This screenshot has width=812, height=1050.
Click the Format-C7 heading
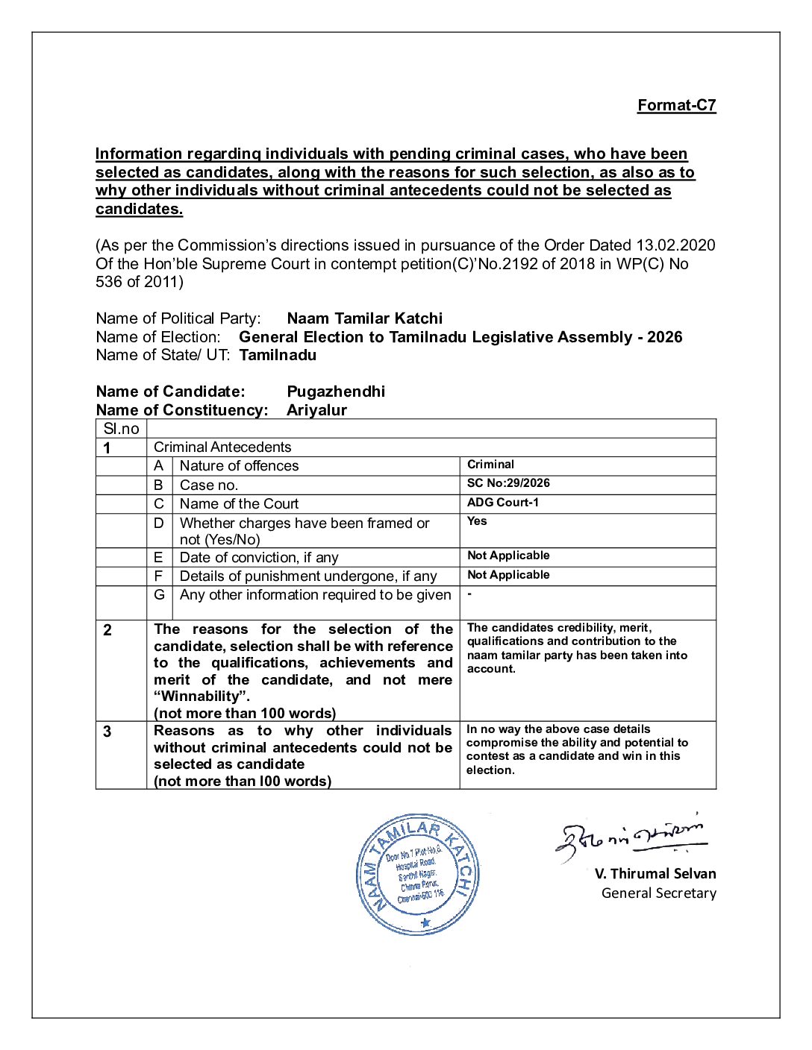coord(676,105)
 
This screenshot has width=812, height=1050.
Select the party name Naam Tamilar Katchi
coord(364,318)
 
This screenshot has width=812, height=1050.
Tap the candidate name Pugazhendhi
coord(336,392)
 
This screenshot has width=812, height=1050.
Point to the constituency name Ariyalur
coord(316,410)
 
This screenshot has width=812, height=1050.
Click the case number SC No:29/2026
coord(508,483)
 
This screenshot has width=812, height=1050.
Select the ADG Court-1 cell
coord(503,503)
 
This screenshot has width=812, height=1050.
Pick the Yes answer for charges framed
coord(477,521)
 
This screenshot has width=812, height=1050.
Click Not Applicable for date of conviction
coord(508,556)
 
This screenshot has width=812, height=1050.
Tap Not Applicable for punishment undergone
coord(508,575)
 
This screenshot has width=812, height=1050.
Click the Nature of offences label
coord(239,466)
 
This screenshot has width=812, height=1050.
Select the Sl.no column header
coord(121,429)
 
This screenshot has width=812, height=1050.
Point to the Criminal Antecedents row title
coord(222,447)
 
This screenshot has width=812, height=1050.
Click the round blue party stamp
coord(417,874)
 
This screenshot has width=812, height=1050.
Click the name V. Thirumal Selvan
coord(655,874)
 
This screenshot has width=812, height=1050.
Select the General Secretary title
coord(658,893)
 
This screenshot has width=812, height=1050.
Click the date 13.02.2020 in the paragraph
coord(675,245)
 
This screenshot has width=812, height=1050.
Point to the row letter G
coord(159,595)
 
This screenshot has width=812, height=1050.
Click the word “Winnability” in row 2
coord(200,697)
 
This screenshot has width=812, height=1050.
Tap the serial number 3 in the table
coord(107,732)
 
